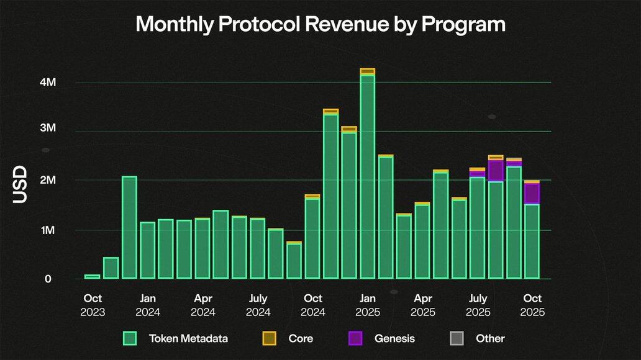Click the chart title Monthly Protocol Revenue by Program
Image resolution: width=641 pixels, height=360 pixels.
320,25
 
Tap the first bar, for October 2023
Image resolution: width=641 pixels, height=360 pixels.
92,276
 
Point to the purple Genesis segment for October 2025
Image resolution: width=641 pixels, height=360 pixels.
532,193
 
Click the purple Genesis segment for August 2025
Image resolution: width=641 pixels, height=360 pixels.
496,170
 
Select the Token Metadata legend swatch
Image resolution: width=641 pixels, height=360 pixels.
129,338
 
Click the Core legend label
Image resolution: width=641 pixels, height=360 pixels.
301,338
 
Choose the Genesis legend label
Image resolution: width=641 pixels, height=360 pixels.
394,338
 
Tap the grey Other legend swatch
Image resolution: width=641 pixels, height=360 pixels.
457,338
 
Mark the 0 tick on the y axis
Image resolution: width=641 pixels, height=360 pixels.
47,279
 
